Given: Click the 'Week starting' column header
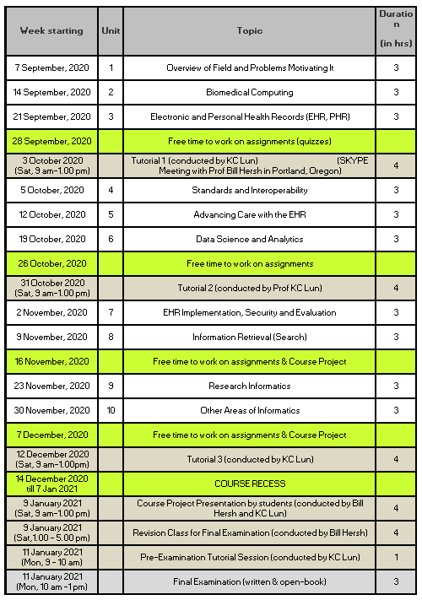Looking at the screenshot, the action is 51,30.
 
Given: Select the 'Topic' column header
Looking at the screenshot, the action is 249,30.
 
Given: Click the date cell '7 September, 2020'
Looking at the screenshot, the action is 51,68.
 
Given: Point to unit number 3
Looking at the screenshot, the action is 111,116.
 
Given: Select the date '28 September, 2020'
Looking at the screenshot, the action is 51,140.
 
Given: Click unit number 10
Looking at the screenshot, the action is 111,411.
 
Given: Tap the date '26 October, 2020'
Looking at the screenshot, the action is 51,263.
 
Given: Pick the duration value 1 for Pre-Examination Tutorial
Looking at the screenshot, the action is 396,557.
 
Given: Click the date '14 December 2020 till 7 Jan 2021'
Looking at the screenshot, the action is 51,484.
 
